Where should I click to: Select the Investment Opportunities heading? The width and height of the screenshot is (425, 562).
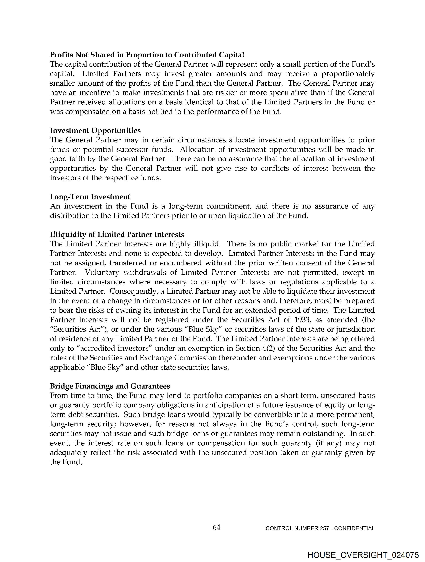[95, 131]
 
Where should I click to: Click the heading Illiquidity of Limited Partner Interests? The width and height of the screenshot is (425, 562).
[117, 235]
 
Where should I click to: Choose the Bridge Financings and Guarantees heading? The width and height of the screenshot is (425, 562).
[110, 386]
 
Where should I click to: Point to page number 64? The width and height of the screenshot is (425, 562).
[216, 528]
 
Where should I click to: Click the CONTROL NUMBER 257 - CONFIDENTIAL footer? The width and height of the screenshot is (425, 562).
[320, 528]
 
